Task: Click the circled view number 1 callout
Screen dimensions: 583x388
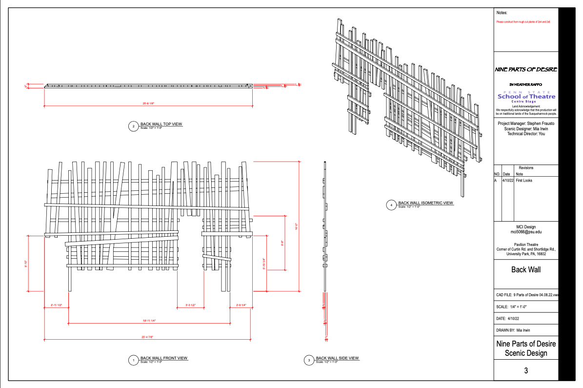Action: (x=133, y=361)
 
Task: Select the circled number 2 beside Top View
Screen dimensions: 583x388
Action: (x=133, y=126)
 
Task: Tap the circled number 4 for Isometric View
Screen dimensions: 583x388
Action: (x=391, y=205)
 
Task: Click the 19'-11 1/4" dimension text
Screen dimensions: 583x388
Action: (x=149, y=321)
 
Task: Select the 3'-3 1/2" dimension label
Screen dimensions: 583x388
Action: (x=190, y=306)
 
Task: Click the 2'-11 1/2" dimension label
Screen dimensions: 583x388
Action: (x=56, y=306)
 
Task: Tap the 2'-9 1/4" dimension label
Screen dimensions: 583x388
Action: (x=241, y=306)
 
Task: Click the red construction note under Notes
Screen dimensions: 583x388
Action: (x=523, y=22)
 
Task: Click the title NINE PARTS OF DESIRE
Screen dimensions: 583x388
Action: (x=526, y=70)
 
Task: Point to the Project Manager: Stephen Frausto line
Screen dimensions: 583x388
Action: (x=526, y=124)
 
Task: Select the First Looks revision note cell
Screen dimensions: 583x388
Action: (x=524, y=181)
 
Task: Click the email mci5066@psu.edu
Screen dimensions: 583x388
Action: (x=526, y=232)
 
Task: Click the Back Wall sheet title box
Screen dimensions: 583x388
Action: (x=526, y=269)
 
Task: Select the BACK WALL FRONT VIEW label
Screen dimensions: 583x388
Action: (x=164, y=358)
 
